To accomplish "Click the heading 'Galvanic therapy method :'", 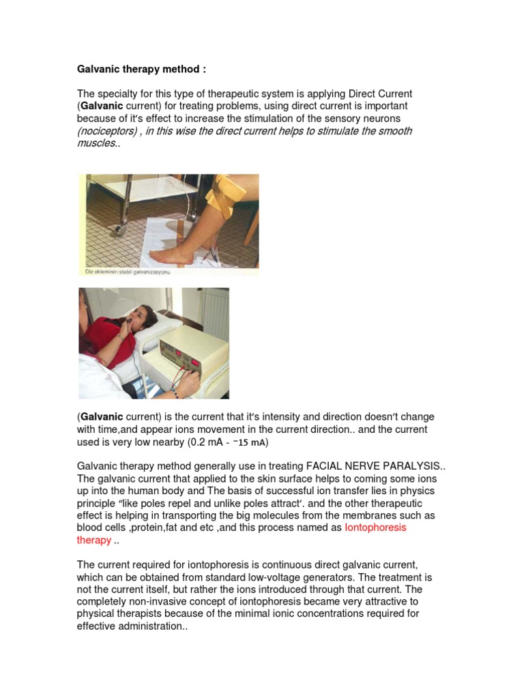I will pos(141,70).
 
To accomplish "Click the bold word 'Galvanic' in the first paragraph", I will pos(102,106).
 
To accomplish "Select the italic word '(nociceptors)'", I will pos(104,131).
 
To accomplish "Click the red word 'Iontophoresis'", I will pos(375,528).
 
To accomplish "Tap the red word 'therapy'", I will pos(93,540).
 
